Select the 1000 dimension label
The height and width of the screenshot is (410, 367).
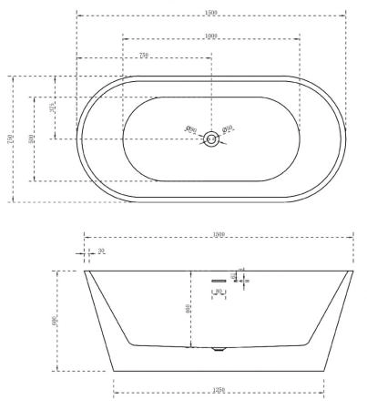click(211, 36)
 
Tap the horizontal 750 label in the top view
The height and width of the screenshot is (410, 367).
click(144, 56)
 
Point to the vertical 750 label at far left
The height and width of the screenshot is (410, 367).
click(11, 139)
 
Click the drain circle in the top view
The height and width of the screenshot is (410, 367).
click(211, 138)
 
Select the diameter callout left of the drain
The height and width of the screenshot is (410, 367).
click(191, 129)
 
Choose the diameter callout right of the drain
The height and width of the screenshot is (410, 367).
click(229, 128)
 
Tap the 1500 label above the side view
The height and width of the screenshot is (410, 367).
click(219, 234)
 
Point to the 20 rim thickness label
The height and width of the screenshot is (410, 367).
click(101, 251)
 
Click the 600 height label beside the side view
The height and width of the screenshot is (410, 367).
click(56, 321)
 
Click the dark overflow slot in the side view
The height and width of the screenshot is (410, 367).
click(218, 281)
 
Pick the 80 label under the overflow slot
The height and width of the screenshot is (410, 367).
click(219, 292)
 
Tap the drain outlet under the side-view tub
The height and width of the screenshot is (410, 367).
click(217, 349)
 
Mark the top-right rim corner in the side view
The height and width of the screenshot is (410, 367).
click(352, 271)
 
